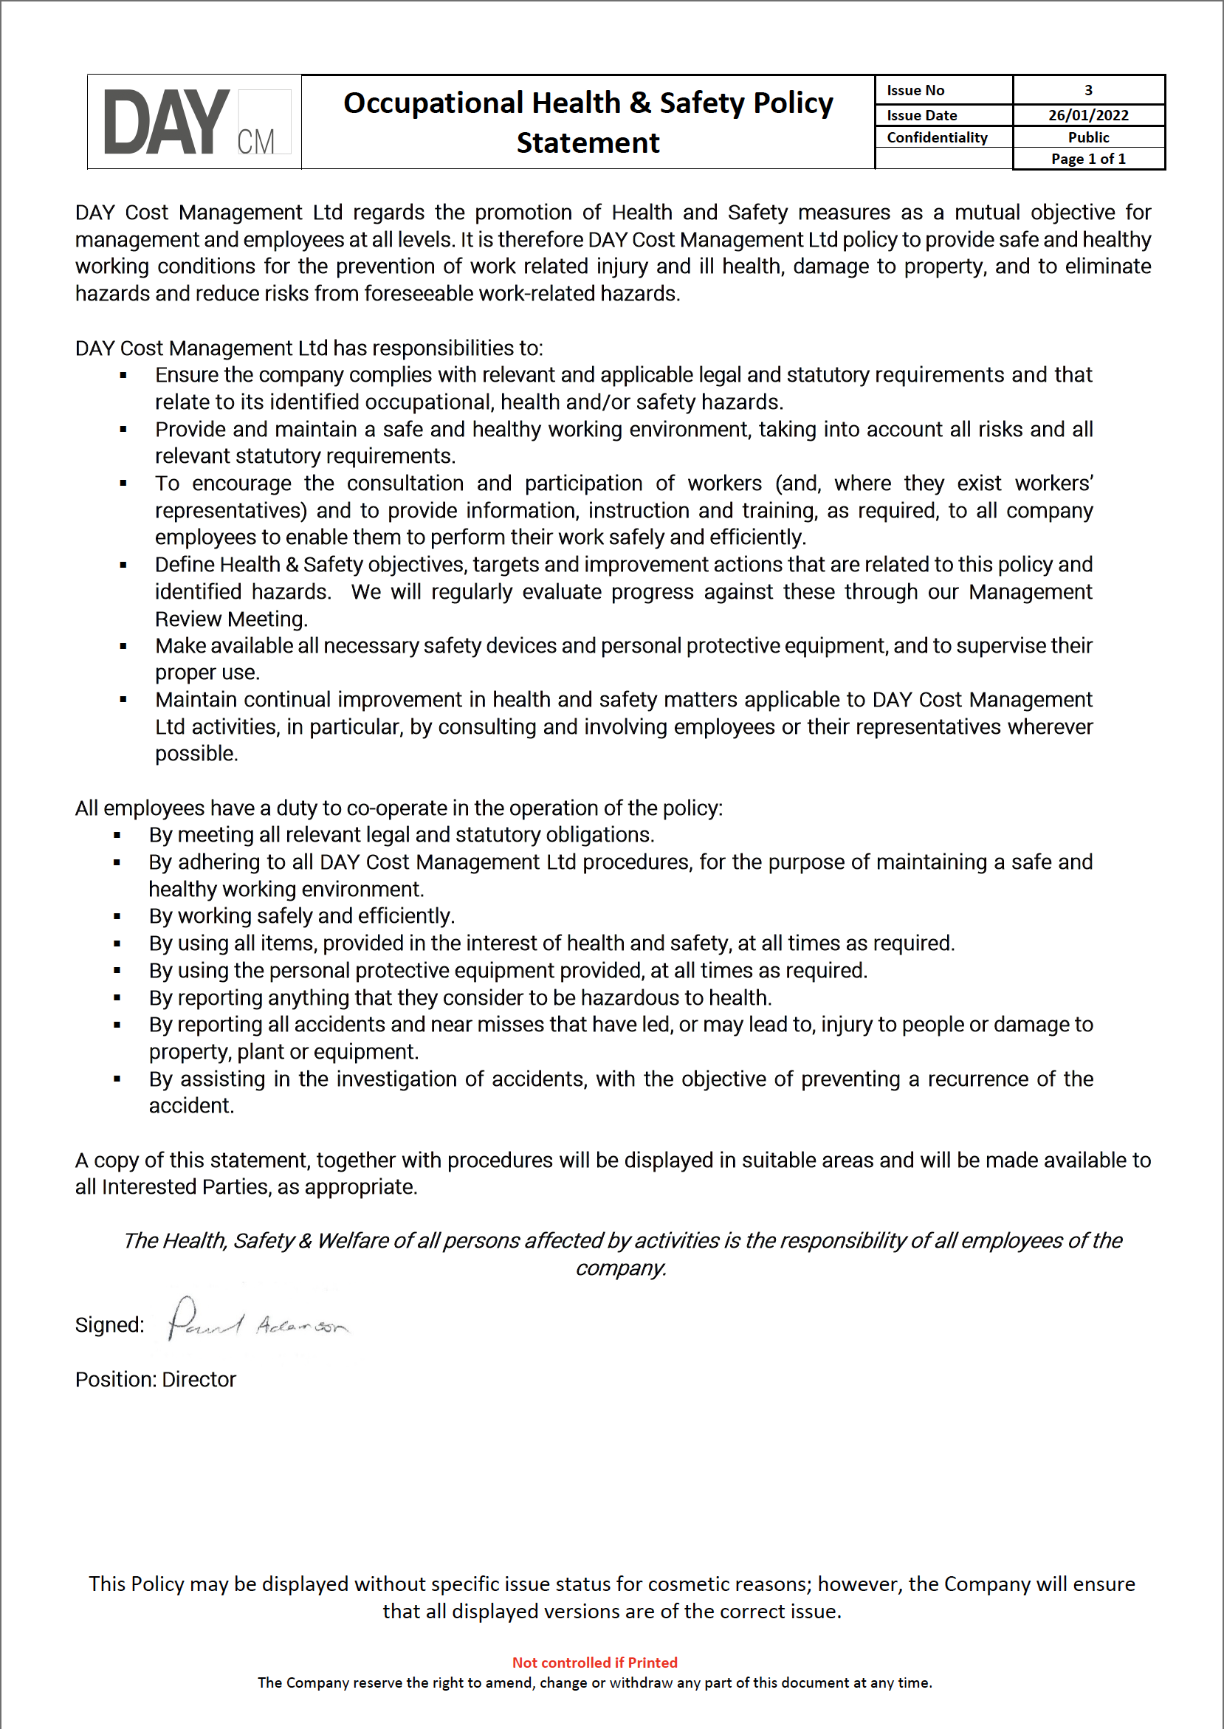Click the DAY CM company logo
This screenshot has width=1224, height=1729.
[x=196, y=122]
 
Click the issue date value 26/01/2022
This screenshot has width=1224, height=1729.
[x=1087, y=115]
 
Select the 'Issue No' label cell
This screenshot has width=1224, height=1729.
[x=915, y=91]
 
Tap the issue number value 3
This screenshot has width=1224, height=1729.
[x=1087, y=91]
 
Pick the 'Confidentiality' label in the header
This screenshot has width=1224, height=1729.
[x=936, y=137]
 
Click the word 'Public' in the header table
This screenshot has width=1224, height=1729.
[x=1087, y=137]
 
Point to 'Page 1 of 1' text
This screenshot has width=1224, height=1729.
[x=1087, y=159]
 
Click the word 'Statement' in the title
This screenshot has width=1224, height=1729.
[x=588, y=143]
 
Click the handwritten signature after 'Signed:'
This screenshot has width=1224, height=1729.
[x=256, y=1320]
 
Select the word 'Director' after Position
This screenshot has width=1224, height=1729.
[x=199, y=1379]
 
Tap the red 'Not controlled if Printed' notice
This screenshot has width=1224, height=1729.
[x=595, y=1662]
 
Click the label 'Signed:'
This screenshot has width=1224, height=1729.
[x=109, y=1325]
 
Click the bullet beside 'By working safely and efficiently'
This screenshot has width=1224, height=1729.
[x=117, y=916]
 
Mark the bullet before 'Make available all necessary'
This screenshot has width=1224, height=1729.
[x=123, y=646]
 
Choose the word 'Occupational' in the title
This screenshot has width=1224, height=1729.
[x=433, y=103]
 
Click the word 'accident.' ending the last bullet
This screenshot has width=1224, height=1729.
[x=191, y=1106]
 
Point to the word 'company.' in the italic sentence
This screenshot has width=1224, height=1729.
[x=620, y=1268]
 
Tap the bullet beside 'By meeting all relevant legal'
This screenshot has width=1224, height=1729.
[x=117, y=835]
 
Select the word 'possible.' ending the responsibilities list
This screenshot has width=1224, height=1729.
[x=196, y=754]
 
